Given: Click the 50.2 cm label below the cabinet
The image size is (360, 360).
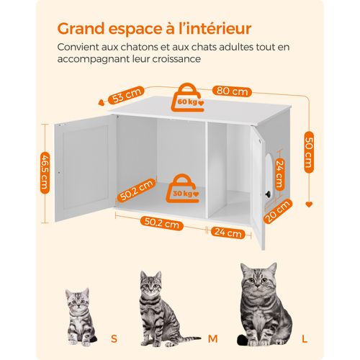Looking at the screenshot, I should pos(161,225).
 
